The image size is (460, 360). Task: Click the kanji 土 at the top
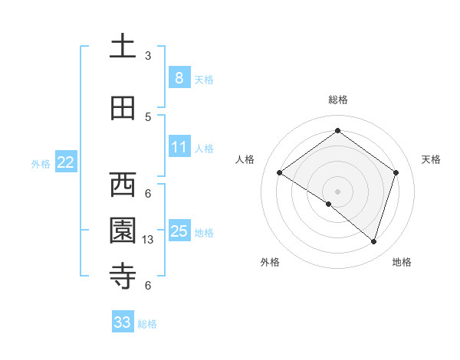(123, 45)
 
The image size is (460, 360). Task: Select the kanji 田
(123, 110)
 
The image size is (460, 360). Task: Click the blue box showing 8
(179, 78)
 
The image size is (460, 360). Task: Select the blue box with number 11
(179, 147)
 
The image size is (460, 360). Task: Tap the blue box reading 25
(179, 231)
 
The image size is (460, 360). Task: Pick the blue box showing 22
(66, 162)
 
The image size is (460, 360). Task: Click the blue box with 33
(123, 322)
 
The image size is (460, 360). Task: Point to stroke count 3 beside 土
(148, 55)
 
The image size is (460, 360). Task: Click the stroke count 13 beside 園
(149, 240)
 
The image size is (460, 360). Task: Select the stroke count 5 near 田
(148, 116)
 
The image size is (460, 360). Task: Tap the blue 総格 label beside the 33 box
(147, 324)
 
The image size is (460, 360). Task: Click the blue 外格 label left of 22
(41, 163)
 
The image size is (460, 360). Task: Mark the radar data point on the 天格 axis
(396, 172)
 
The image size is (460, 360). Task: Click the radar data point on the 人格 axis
(280, 172)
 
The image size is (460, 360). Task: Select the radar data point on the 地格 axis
(373, 241)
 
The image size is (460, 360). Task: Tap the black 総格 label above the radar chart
(337, 100)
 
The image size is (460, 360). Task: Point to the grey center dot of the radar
(337, 191)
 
